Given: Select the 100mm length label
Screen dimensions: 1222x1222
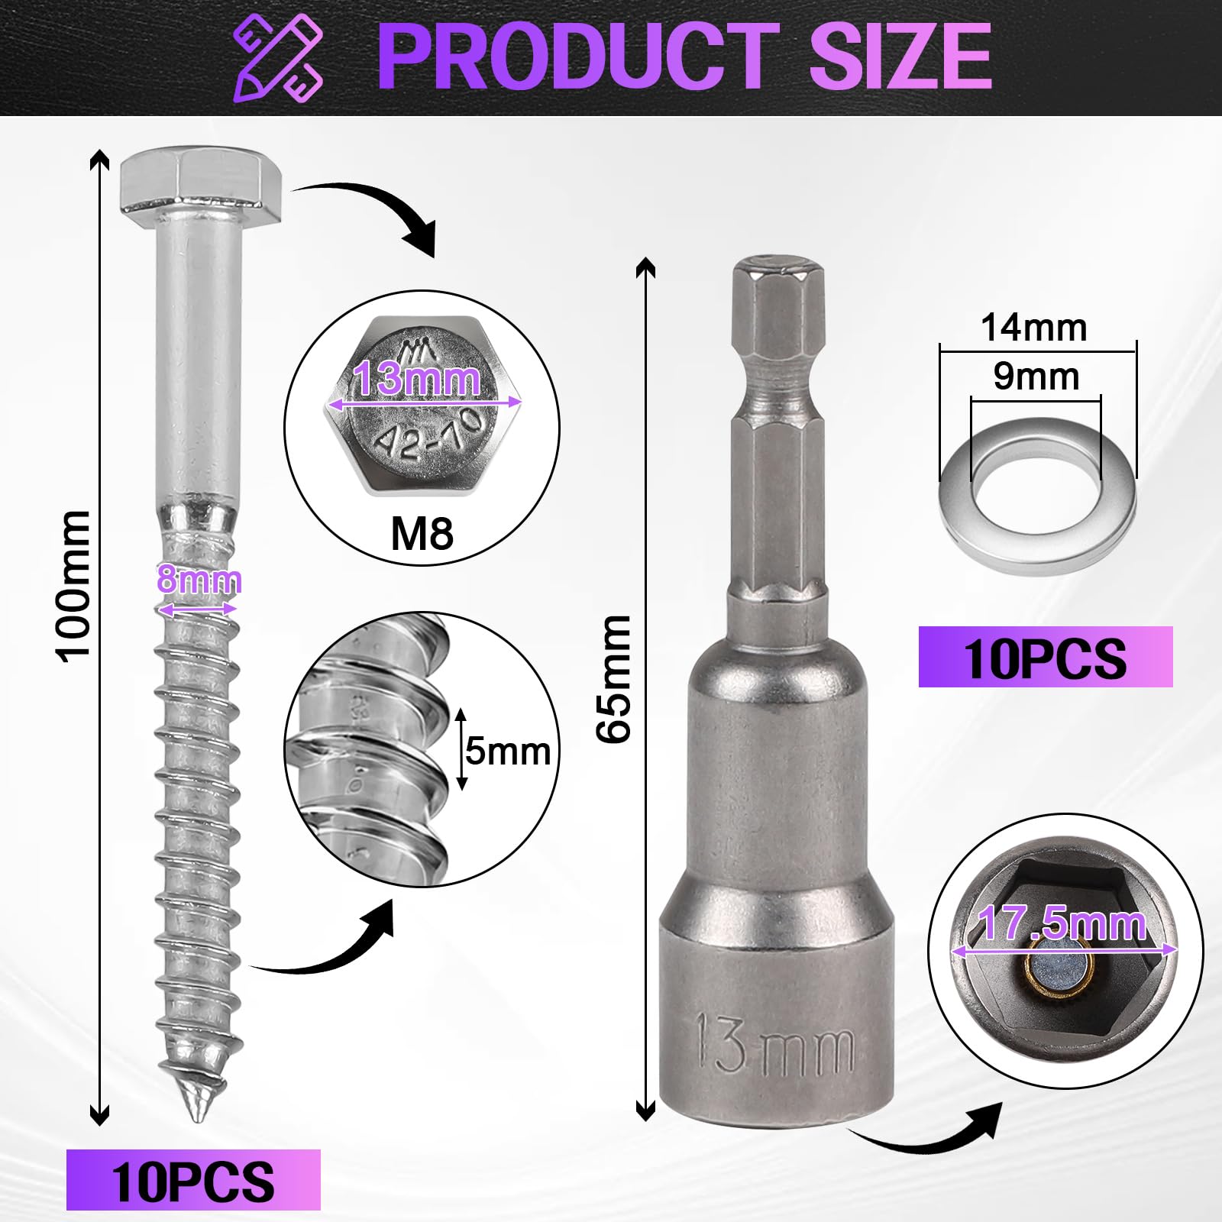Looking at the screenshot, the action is pos(75,585).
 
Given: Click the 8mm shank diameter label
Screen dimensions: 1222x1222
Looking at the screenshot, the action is pos(199,580).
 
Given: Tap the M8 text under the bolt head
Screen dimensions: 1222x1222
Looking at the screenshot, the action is pos(422,533).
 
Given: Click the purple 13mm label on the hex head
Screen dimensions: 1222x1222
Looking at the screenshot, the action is pos(418,378).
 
